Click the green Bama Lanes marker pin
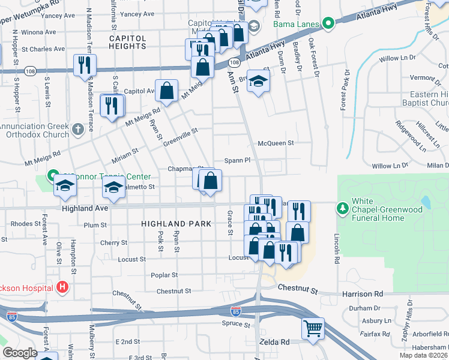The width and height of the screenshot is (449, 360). click(328, 24)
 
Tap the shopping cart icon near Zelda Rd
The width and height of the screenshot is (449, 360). click(313, 328)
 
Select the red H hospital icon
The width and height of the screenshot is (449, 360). click(61, 288)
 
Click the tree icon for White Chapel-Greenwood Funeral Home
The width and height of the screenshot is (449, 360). click(343, 208)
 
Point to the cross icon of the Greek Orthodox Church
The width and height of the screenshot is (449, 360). click(77, 129)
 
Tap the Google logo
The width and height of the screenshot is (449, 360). click(20, 353)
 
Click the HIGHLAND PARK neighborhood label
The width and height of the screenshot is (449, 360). click(176, 223)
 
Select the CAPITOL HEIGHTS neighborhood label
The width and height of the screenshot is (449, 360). click(127, 38)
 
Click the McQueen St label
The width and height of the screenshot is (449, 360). click(276, 143)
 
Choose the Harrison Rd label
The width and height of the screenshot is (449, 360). click(363, 294)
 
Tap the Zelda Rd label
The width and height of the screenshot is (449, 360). click(274, 341)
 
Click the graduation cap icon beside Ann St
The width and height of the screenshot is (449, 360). click(258, 81)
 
